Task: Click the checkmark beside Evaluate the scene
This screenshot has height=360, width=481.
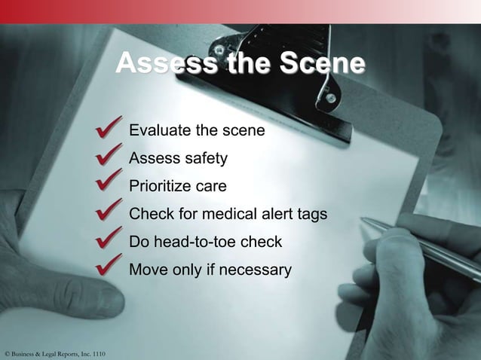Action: pyautogui.click(x=110, y=129)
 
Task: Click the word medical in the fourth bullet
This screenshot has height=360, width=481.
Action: pyautogui.click(x=240, y=214)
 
